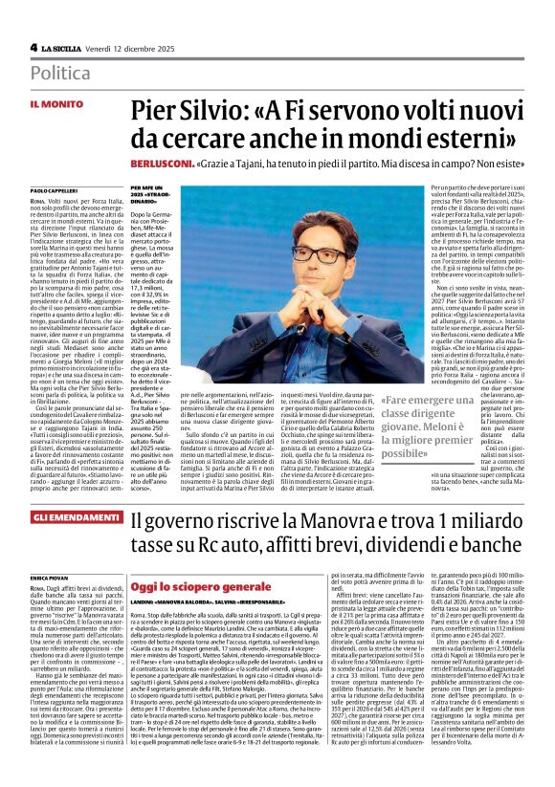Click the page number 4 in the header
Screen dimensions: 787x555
[33, 47]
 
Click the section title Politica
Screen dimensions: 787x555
[61, 73]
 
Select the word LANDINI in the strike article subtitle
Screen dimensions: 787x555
[145, 601]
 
